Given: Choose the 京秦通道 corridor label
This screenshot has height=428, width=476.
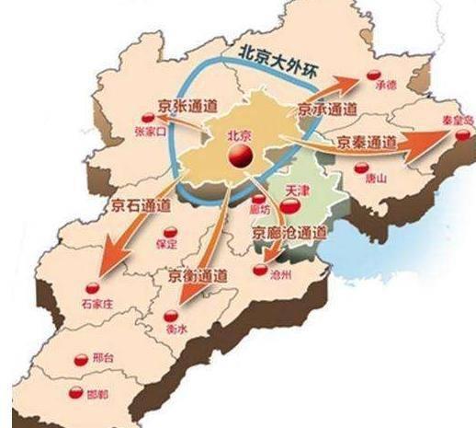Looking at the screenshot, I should (368, 144).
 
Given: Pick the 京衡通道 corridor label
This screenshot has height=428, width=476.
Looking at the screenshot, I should (198, 274).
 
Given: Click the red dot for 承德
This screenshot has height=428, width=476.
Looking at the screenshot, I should (374, 75).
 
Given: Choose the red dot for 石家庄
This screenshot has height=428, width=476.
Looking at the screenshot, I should (92, 284).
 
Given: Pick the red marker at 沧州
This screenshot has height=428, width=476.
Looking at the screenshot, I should (260, 271).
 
